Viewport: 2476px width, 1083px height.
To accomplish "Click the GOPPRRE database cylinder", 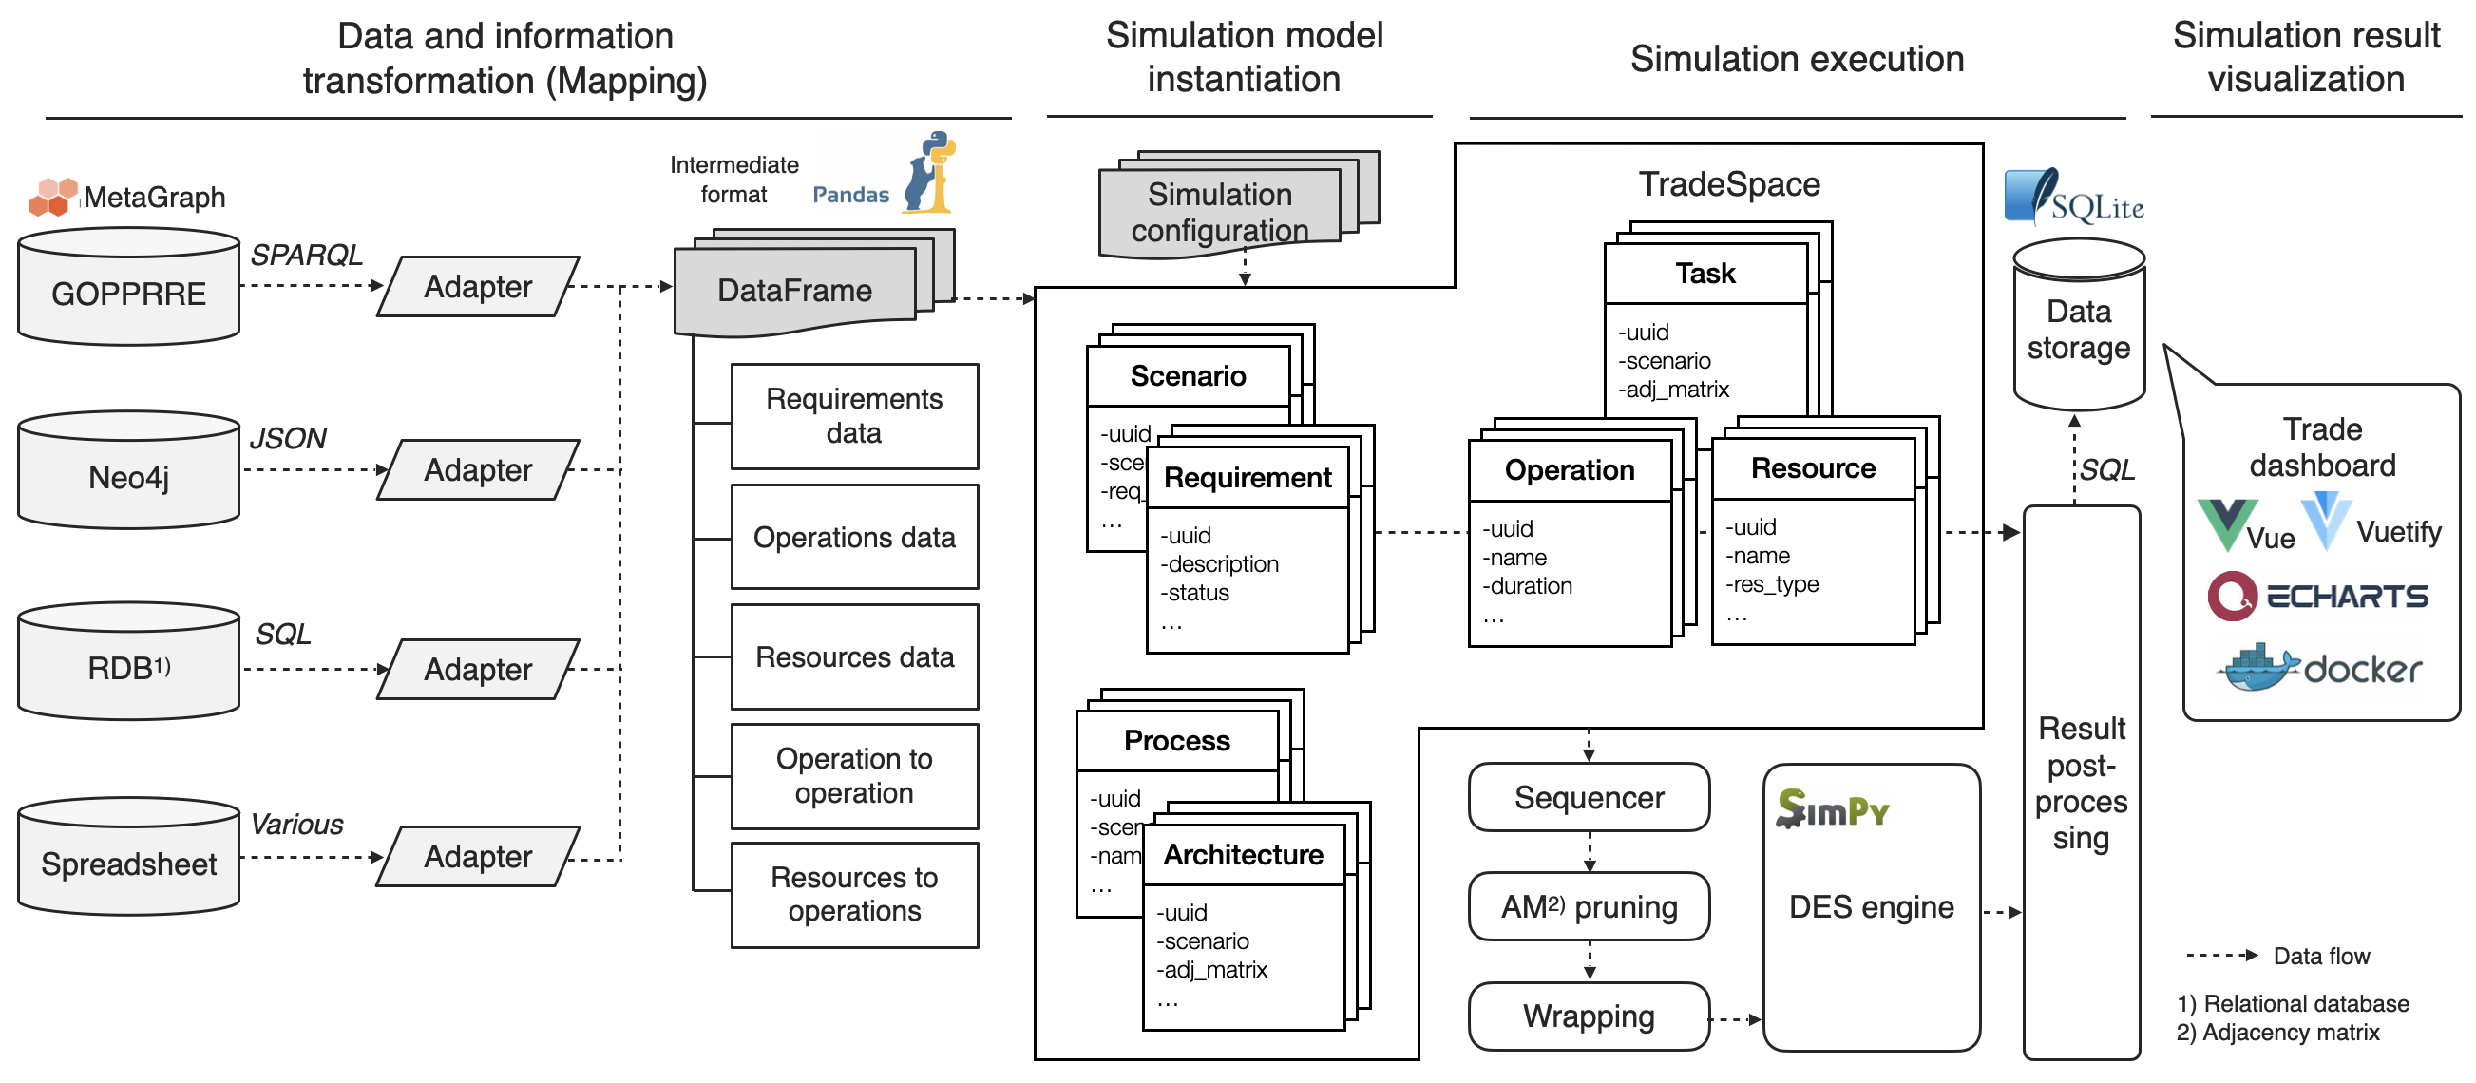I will coord(128,287).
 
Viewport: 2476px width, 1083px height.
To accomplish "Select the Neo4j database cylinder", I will coord(128,472).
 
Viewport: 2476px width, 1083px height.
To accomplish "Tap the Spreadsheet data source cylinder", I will coord(128,858).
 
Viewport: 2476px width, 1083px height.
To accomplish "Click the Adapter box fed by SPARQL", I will coord(478,286).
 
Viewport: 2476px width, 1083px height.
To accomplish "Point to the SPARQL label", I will coord(306,255).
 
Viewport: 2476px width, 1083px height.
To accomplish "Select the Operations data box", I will coord(853,537).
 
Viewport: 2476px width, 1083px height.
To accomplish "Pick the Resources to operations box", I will coord(853,895).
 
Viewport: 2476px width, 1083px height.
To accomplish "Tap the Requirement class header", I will coord(1248,478).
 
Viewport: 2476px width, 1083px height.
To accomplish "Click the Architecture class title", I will coord(1243,855).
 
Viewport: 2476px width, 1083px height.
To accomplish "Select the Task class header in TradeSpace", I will coord(1705,274).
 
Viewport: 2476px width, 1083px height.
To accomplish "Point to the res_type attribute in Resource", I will coord(1772,584).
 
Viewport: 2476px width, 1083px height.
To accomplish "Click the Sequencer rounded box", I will coord(1589,798).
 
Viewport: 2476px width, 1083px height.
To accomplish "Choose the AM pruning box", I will coord(1589,906).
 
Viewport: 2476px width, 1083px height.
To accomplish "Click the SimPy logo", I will coord(1832,810).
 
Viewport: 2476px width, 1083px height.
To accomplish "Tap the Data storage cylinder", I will coord(2078,327).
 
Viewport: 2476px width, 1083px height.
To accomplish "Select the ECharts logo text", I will coord(2346,597).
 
